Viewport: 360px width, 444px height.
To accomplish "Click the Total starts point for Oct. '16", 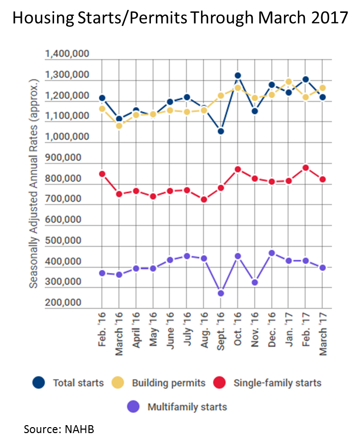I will tap(238, 76).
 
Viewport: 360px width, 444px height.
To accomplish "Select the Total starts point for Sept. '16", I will tap(221, 131).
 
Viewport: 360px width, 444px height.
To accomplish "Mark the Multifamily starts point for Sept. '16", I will tap(221, 293).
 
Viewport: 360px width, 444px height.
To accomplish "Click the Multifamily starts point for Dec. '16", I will tap(272, 253).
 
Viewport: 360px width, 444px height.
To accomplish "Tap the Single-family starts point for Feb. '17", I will tap(305, 168).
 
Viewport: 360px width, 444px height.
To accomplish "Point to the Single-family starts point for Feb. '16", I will tap(102, 174).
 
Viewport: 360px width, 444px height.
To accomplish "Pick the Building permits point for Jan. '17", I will tap(288, 81).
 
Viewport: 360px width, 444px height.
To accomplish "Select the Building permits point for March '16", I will tap(119, 126).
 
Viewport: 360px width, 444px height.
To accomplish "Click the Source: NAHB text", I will tap(59, 430).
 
